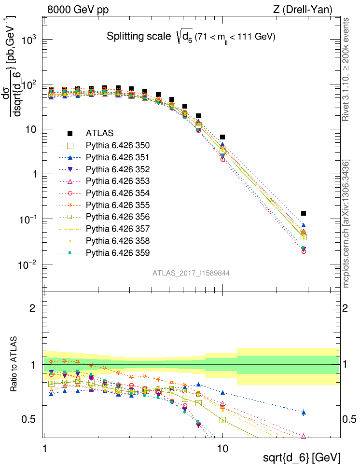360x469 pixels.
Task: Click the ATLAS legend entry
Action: click(x=100, y=133)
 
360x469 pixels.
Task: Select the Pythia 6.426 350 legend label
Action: click(x=118, y=145)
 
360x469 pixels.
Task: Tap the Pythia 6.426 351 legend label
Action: click(x=118, y=157)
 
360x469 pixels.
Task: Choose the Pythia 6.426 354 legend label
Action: click(x=118, y=193)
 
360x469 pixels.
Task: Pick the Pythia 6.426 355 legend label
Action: click(x=118, y=205)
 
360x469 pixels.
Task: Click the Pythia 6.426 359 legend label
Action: click(x=118, y=253)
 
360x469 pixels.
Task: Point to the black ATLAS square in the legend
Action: click(x=70, y=133)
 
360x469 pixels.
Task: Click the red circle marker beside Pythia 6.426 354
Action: click(x=70, y=193)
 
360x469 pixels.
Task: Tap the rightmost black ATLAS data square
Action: click(x=304, y=213)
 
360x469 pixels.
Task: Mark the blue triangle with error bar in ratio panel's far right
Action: click(x=304, y=413)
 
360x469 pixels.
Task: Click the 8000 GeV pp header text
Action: click(x=78, y=9)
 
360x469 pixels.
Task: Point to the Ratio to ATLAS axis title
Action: click(x=14, y=363)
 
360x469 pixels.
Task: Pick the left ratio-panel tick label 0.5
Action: click(x=30, y=420)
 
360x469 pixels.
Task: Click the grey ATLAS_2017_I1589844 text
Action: click(x=191, y=273)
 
